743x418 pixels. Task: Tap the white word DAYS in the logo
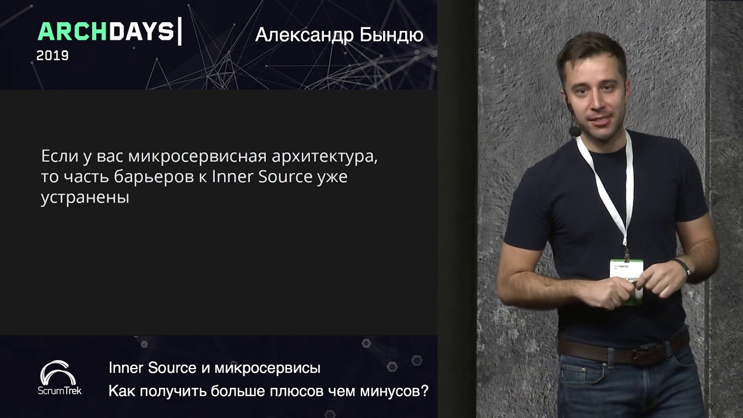(142, 32)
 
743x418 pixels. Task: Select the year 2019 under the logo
(52, 55)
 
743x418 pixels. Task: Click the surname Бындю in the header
(392, 35)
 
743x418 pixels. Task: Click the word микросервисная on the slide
(198, 156)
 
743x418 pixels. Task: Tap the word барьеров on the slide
(154, 177)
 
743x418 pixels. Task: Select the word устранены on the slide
(85, 198)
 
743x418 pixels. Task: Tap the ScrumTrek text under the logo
(59, 391)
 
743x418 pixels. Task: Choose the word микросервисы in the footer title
(268, 368)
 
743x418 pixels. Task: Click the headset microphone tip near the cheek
(575, 131)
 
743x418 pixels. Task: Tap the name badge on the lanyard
(626, 282)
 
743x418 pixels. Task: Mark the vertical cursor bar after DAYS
(179, 31)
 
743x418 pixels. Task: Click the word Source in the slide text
(285, 177)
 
